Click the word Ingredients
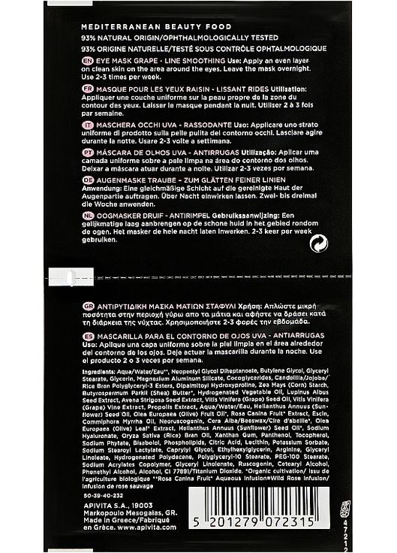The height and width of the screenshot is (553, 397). point(100,371)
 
